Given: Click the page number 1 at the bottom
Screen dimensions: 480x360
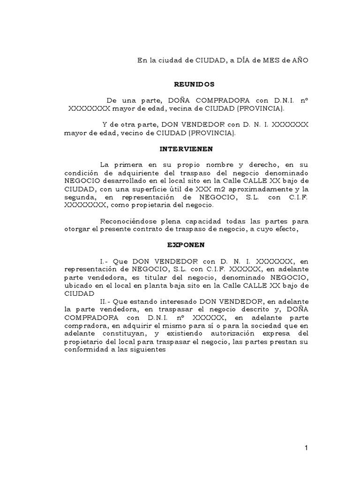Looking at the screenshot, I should coord(306,448).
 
